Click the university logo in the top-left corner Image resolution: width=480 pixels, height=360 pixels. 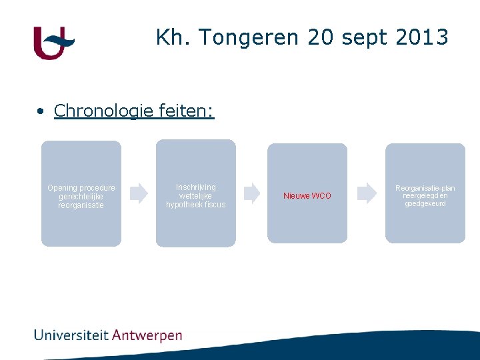(x=53, y=43)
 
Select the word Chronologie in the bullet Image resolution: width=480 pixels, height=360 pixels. (x=105, y=111)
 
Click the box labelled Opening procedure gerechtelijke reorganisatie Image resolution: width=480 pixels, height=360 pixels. (x=81, y=193)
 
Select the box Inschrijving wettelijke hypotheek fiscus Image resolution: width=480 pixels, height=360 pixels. (x=196, y=193)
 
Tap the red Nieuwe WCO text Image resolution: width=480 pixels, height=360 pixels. (x=307, y=196)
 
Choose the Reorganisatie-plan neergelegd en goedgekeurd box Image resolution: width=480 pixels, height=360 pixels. (x=425, y=193)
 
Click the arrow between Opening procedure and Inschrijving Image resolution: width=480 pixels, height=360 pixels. (x=139, y=193)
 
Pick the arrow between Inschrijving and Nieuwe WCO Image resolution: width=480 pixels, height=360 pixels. (x=252, y=193)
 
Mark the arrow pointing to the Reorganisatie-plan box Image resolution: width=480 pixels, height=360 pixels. (x=367, y=193)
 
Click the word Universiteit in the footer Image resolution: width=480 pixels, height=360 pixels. (x=71, y=335)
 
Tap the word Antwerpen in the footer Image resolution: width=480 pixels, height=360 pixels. (x=147, y=335)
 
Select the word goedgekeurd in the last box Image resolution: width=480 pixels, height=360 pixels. (x=425, y=203)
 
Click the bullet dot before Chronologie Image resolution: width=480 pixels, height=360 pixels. (x=41, y=111)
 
